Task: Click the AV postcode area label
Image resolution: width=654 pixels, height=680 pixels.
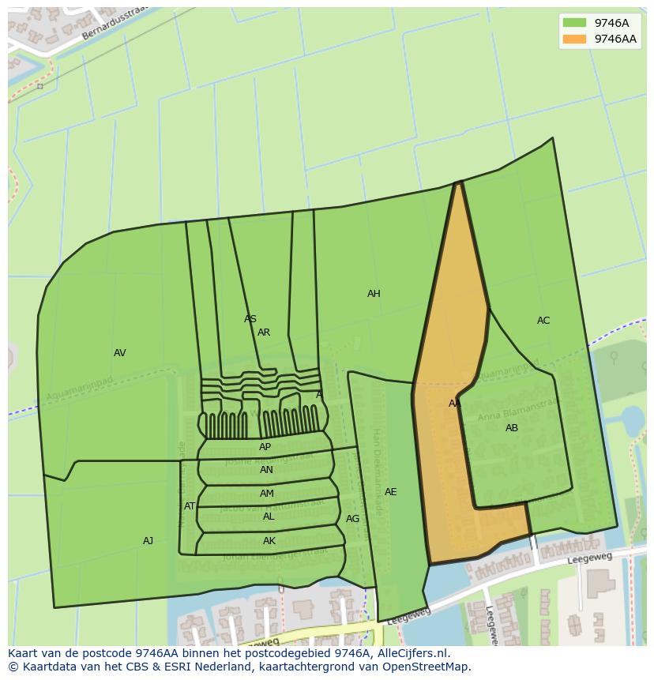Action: coord(120,353)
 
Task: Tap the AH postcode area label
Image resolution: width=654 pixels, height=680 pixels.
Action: coord(374,294)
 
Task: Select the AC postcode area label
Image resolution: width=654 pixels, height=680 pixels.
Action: coord(543,321)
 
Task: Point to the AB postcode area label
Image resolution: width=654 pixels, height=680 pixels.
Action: coord(512,428)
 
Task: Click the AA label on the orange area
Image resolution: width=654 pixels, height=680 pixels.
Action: coord(455,404)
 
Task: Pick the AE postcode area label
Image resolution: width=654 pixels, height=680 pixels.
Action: coord(390,492)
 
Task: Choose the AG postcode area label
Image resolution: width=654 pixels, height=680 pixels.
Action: coord(352,519)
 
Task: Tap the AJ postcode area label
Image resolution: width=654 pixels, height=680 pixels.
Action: coord(148,541)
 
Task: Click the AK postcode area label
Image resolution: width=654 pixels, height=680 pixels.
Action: coord(269,541)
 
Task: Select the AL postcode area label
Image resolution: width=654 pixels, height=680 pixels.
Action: coord(269,517)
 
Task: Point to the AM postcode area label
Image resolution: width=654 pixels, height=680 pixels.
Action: coord(267,494)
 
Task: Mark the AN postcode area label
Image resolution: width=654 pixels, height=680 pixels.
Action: coord(266,470)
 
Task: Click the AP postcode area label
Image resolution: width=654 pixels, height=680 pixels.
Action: coord(265,447)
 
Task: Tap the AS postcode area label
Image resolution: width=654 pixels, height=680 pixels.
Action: coord(250,319)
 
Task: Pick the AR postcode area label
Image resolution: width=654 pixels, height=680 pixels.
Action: coord(264,332)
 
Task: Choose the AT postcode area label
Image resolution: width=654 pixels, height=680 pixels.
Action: coord(190,506)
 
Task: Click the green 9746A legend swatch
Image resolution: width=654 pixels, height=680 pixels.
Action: coord(574,23)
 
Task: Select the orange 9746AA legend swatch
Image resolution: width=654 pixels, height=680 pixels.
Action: coord(574,39)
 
